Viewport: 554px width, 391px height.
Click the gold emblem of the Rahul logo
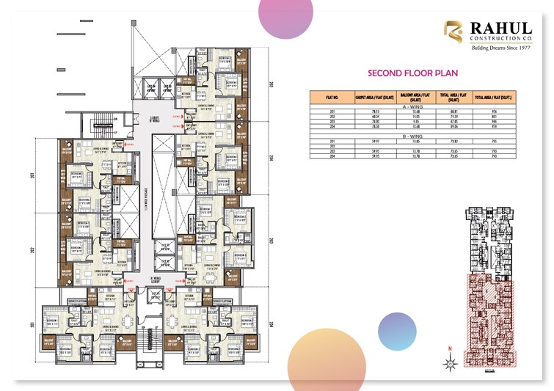point(453,32)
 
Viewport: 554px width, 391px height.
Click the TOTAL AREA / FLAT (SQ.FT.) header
point(493,96)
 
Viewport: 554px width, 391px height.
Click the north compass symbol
point(448,362)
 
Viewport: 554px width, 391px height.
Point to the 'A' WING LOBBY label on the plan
point(155,280)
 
